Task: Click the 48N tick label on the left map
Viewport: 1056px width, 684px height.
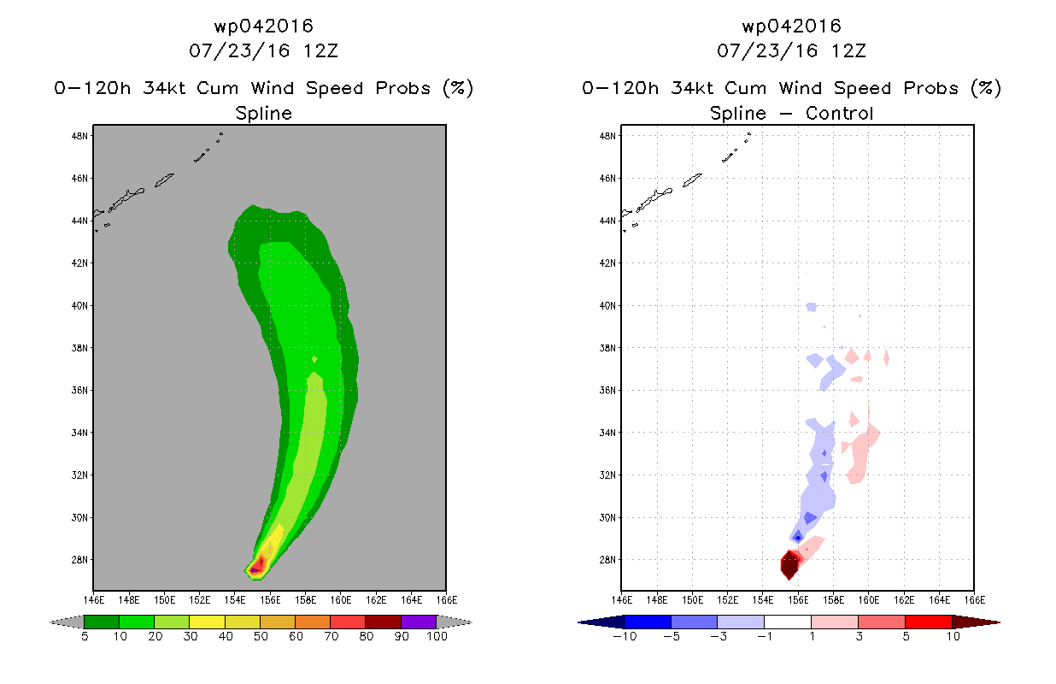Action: click(x=79, y=136)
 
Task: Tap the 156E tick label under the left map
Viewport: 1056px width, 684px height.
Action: click(x=270, y=600)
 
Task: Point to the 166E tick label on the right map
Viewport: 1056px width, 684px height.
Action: click(x=975, y=600)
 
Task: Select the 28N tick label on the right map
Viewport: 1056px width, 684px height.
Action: click(x=607, y=560)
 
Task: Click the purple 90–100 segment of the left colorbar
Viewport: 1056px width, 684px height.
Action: click(x=419, y=622)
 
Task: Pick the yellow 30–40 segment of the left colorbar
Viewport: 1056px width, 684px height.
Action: click(x=207, y=622)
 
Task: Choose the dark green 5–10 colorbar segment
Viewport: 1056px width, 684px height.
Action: click(x=102, y=622)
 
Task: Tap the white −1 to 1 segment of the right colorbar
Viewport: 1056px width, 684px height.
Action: click(x=788, y=622)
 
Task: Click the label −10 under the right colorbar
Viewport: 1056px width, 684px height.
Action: click(x=625, y=637)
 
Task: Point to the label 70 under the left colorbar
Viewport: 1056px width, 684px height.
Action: click(x=331, y=637)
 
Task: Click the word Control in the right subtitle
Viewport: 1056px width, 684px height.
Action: click(x=840, y=113)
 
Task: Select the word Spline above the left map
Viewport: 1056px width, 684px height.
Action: click(x=263, y=114)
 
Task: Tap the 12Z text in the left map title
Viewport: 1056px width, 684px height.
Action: click(x=320, y=51)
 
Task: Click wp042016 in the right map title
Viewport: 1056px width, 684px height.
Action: click(x=791, y=26)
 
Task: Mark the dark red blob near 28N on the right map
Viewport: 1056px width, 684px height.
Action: click(x=789, y=564)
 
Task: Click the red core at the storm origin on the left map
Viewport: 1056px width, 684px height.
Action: click(x=258, y=564)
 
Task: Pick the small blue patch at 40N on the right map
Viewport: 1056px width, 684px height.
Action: click(x=812, y=307)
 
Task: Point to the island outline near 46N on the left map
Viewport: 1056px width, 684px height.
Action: click(x=164, y=180)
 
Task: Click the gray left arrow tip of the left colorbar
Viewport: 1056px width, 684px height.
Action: click(x=51, y=622)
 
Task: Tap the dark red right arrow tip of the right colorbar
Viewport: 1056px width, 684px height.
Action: click(x=999, y=622)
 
